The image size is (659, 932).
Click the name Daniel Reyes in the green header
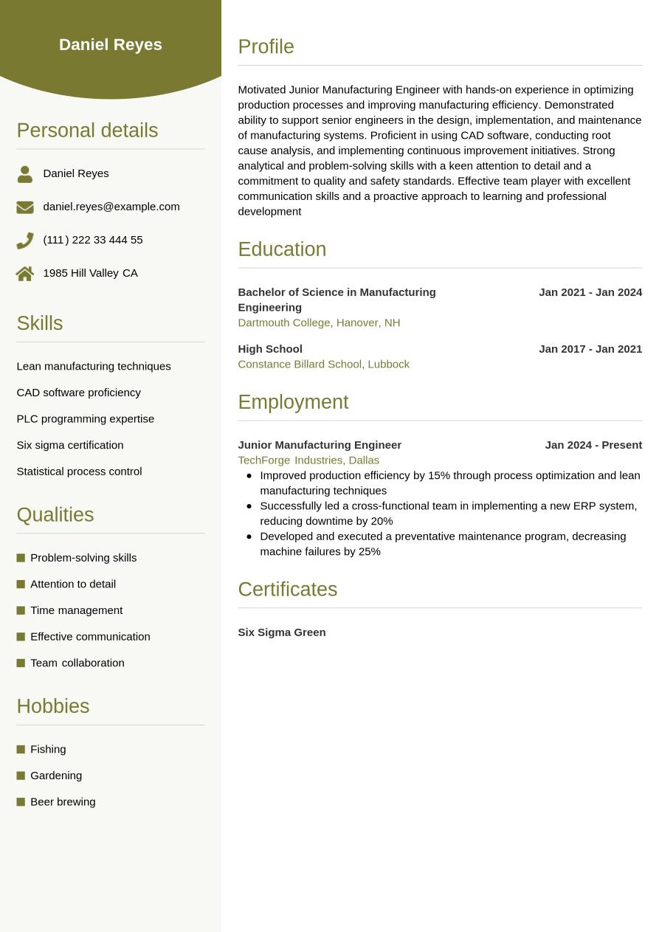(111, 44)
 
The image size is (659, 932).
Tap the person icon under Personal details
(25, 174)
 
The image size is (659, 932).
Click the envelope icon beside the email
(25, 207)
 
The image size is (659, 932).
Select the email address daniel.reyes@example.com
(111, 207)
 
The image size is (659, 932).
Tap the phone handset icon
(25, 241)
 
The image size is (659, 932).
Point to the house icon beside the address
(25, 274)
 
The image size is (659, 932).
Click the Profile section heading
(266, 46)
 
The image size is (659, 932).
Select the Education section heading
(282, 249)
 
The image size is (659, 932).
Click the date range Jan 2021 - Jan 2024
(590, 292)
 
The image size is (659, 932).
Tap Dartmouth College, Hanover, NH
(319, 322)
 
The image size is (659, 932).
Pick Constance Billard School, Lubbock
(323, 364)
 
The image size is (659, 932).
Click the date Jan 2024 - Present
(593, 445)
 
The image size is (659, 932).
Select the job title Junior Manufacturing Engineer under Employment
(320, 445)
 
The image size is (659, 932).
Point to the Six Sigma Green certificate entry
(281, 632)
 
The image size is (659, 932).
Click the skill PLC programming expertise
(85, 418)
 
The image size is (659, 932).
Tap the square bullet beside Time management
(21, 610)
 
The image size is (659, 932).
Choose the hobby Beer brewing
(63, 801)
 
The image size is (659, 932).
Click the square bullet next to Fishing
(21, 749)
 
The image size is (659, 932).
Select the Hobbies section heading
(52, 706)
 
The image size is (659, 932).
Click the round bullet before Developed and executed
(249, 536)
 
